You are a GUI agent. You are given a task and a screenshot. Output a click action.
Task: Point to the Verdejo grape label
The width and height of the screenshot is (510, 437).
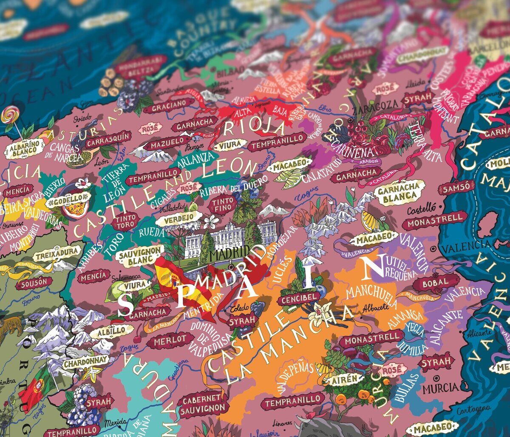(178, 217)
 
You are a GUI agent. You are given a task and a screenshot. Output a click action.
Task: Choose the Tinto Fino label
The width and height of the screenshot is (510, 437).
(223, 204)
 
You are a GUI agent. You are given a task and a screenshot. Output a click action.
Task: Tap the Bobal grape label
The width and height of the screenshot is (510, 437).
(436, 282)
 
